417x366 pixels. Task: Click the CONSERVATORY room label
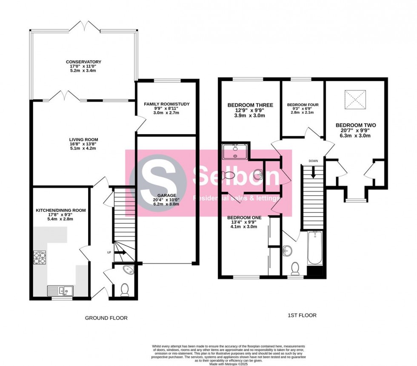[84, 62]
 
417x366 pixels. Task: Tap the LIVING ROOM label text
[84, 139]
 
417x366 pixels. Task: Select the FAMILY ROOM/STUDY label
[167, 104]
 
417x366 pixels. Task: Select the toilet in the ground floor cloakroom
[125, 290]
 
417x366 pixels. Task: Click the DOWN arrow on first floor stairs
[313, 172]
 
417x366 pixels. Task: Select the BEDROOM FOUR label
[303, 104]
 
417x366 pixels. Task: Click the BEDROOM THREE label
[250, 105]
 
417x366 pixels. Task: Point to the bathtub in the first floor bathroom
[315, 248]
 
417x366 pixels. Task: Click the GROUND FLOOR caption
[106, 318]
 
